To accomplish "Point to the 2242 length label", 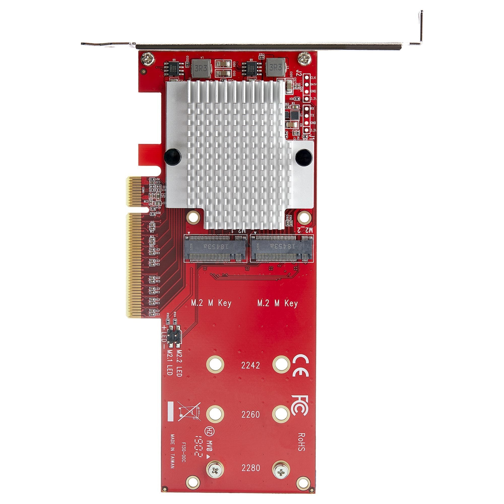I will click(250, 365).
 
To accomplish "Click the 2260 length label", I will click(250, 414).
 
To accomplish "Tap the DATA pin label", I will click(313, 84).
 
